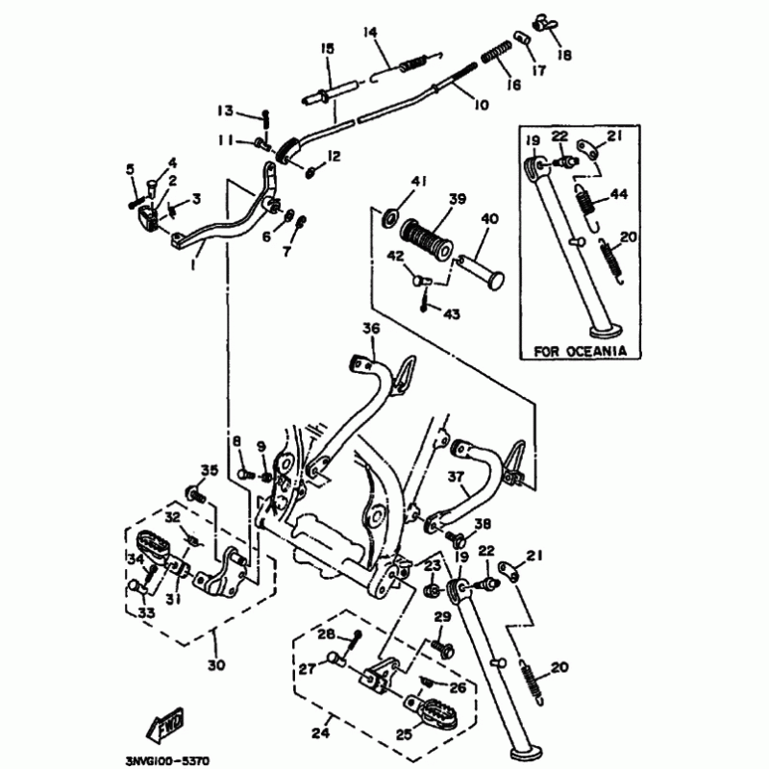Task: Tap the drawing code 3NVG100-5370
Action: (167, 757)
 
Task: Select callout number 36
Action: (371, 330)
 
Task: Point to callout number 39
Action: (457, 199)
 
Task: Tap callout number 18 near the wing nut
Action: (564, 55)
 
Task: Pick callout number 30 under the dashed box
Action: (215, 665)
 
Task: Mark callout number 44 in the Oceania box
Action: (618, 194)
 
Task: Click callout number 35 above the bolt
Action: (210, 469)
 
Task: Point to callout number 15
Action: (327, 48)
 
